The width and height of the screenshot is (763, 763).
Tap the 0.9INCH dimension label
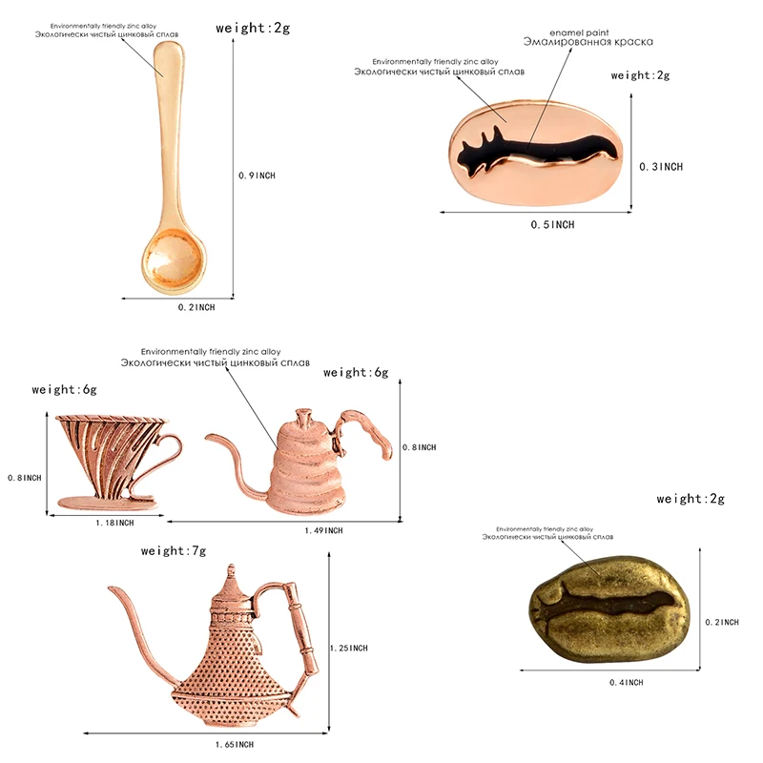pyautogui.click(x=257, y=175)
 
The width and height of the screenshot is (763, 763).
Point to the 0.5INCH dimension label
pyautogui.click(x=553, y=225)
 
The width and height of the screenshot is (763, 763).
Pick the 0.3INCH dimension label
pyautogui.click(x=661, y=167)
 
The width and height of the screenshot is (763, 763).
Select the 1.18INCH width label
pyautogui.click(x=115, y=523)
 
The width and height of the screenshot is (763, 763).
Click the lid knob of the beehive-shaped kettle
pyautogui.click(x=302, y=418)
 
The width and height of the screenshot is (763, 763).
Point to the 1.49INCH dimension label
pyautogui.click(x=324, y=530)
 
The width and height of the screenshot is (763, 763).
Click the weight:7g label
pyautogui.click(x=174, y=551)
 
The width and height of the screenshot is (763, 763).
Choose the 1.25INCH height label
pyautogui.click(x=349, y=649)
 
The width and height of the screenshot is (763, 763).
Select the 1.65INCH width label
pyautogui.click(x=235, y=744)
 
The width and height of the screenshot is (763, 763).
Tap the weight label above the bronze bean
pyautogui.click(x=691, y=499)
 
